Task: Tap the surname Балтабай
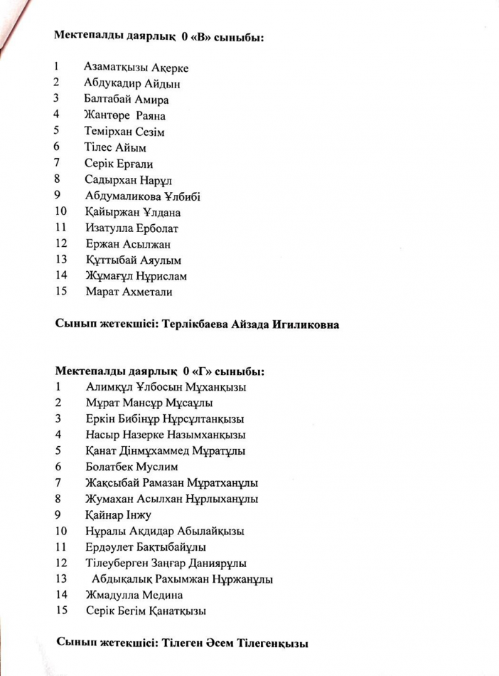(108, 100)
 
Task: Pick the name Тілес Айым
(115, 148)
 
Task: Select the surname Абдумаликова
(121, 196)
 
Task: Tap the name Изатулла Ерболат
(132, 228)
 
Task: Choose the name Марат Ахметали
(129, 291)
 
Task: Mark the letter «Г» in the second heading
(200, 371)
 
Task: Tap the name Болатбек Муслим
(131, 467)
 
